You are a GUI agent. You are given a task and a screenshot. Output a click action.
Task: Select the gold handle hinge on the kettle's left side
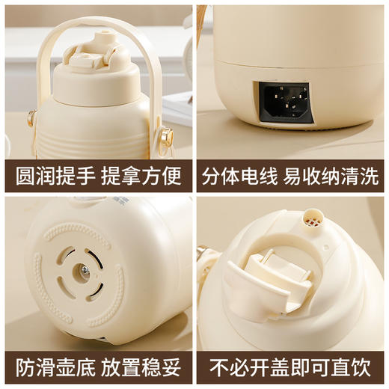coord(31,118)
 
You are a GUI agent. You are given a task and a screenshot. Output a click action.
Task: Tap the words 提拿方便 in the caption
coord(143,176)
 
